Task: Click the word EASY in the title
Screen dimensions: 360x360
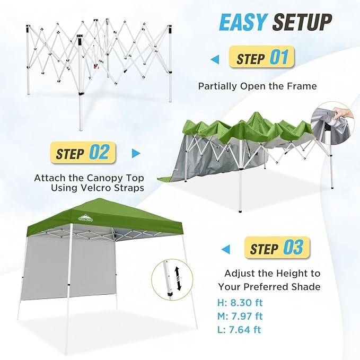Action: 243,22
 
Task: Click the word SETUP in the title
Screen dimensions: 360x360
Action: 302,22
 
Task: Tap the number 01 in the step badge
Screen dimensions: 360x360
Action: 279,57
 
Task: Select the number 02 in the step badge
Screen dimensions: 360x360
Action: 99,153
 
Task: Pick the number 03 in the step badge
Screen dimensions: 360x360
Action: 293,247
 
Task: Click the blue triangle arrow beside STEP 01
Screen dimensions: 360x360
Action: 215,60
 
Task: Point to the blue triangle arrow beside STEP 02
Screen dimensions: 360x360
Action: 136,153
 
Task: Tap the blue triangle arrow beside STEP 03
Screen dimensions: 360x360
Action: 225,249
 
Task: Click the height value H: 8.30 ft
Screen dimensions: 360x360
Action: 240,303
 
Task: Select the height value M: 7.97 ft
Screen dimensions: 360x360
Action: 240,316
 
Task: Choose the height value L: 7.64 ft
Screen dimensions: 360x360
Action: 239,330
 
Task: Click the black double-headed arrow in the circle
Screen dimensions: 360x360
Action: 178,278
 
